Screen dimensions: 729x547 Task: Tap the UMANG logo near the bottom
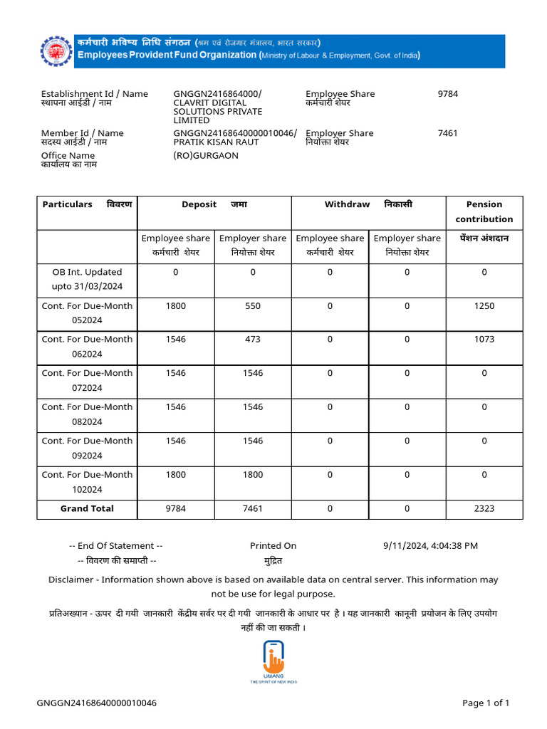273,659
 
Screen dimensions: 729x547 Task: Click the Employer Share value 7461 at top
448,133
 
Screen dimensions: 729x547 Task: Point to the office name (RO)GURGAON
206,155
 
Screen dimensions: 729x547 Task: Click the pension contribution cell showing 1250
484,306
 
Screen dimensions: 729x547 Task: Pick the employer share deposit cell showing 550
253,306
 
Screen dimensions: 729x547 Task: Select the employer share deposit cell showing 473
253,340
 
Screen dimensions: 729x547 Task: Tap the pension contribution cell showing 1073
484,340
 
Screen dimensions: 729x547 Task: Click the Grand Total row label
87,508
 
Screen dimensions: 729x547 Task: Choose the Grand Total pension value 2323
484,508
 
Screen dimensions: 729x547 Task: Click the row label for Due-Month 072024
87,380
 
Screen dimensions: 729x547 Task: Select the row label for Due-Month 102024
87,482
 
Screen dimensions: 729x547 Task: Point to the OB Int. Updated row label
87,279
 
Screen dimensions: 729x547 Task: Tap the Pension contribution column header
484,211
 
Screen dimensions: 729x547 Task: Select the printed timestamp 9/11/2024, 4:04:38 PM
430,546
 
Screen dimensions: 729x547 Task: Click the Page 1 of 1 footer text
486,703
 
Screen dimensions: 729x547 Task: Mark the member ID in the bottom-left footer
97,703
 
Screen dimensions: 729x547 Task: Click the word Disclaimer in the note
71,579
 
